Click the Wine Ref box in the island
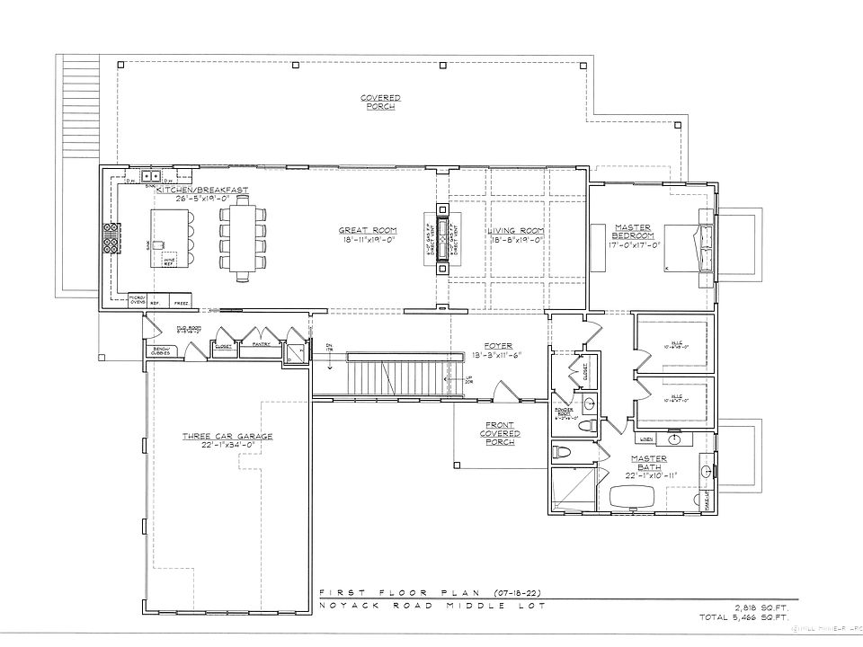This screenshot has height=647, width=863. pos(168,261)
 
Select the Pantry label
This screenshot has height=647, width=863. pos(262,344)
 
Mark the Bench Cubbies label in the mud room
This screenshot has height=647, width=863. pos(163,351)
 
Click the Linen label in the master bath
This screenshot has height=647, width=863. pos(646,439)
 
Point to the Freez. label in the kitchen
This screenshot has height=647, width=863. pos(181,304)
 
